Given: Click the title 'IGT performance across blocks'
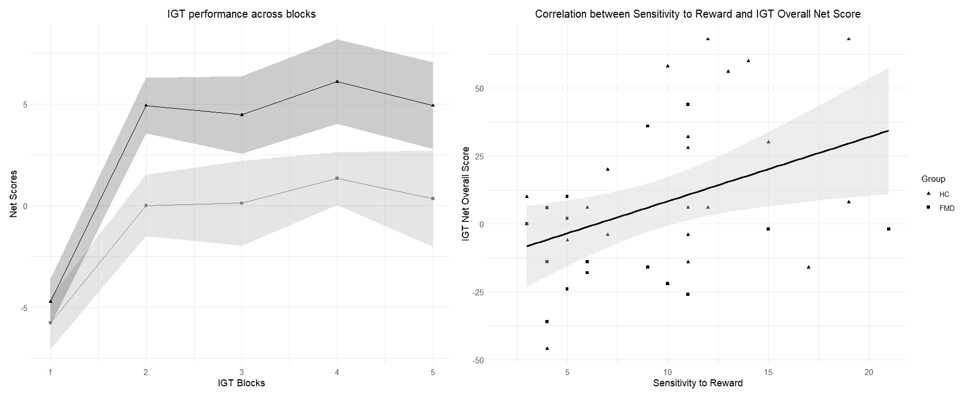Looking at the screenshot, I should [x=242, y=14].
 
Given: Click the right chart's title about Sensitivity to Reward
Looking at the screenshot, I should [x=697, y=14].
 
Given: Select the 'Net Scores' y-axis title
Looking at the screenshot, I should [x=13, y=194].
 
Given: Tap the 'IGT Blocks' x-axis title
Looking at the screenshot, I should [x=242, y=383].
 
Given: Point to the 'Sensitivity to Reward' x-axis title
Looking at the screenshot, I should [x=697, y=383].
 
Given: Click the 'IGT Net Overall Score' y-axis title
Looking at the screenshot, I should [x=466, y=194].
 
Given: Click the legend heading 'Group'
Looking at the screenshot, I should [x=933, y=179].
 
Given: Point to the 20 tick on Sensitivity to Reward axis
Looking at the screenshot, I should [x=869, y=372].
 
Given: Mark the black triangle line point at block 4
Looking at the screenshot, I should [x=337, y=81].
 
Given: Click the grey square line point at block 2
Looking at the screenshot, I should [x=146, y=205].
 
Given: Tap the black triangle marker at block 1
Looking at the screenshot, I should [x=50, y=301].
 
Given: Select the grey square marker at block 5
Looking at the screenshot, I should [x=433, y=198].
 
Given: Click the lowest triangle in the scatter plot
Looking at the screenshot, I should [x=547, y=348].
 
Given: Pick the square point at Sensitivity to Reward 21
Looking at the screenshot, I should [x=889, y=229].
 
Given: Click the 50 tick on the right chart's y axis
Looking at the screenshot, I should [x=478, y=88].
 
